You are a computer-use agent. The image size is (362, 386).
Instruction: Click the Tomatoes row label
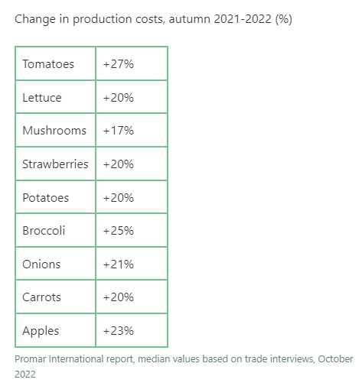[x=48, y=64]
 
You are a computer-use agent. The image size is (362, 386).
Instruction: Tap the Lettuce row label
[x=42, y=98]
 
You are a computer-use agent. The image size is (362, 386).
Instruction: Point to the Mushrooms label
[x=54, y=131]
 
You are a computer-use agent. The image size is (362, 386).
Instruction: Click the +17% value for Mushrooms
[x=119, y=131]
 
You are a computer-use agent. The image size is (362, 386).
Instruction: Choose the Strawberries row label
[x=55, y=164]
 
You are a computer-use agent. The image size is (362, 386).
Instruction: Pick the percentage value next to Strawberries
[x=119, y=164]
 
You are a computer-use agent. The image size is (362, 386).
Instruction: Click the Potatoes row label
[x=46, y=198]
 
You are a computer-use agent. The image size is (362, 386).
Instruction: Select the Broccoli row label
[x=44, y=231]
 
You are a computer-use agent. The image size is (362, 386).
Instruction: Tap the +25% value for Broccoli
[x=119, y=231]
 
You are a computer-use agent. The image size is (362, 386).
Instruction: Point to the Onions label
[x=41, y=264]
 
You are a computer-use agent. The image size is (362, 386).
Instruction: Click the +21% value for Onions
[x=119, y=264]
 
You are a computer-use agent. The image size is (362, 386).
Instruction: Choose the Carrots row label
[x=41, y=297]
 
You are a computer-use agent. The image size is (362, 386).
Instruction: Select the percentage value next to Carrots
[x=119, y=297]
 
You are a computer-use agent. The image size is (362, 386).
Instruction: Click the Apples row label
[x=41, y=331]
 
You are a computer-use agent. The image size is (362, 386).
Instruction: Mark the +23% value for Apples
[x=119, y=331]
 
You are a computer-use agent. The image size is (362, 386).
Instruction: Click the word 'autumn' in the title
[x=190, y=19]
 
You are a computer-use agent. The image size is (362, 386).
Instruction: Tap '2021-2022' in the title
[x=243, y=19]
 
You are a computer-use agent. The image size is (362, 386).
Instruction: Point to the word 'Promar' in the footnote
[x=31, y=359]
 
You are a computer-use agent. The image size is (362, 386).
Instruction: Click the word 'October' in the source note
[x=335, y=359]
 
